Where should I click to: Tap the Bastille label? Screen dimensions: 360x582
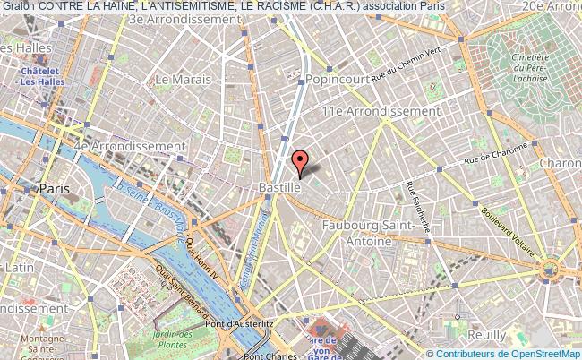(x=278, y=188)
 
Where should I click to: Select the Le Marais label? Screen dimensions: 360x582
(x=175, y=80)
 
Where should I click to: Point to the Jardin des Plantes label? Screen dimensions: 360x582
(x=167, y=338)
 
